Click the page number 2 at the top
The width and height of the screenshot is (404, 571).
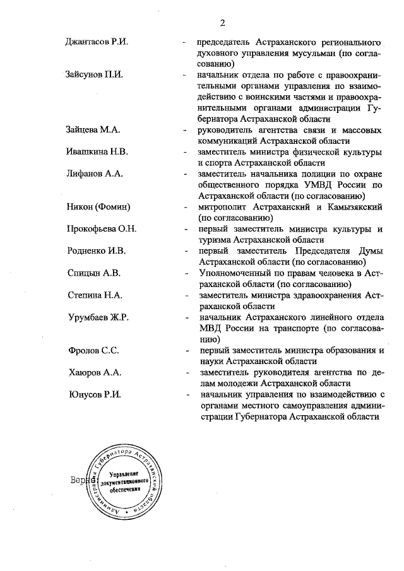click(x=223, y=23)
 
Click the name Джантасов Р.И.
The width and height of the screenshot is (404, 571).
click(x=97, y=42)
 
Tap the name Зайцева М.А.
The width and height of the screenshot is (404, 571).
click(x=93, y=130)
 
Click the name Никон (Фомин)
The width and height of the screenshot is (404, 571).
click(x=98, y=207)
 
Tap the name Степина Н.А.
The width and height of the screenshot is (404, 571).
click(x=95, y=295)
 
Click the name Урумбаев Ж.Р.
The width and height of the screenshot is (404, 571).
click(x=98, y=317)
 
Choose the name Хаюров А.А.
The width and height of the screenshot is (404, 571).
click(x=94, y=372)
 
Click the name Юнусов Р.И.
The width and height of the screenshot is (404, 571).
click(x=94, y=394)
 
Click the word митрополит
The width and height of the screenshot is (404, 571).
click(x=223, y=207)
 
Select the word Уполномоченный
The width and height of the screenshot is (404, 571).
click(x=238, y=273)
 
